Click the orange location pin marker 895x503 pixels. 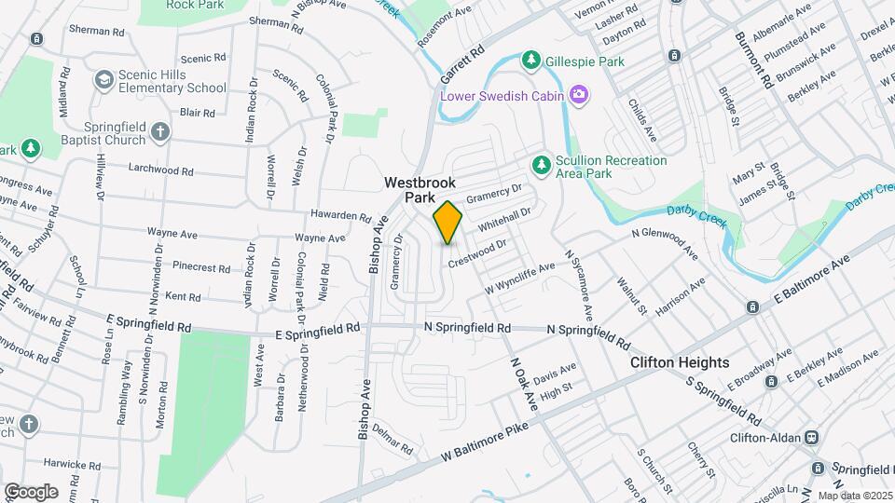tap(448, 223)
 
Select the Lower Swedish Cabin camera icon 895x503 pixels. tap(579, 94)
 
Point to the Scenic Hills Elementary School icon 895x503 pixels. tap(104, 81)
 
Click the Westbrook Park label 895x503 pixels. tap(420, 191)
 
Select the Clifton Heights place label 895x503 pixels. tap(679, 362)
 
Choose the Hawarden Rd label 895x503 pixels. tap(342, 216)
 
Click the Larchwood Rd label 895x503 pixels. tap(161, 171)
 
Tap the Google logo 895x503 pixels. tap(31, 492)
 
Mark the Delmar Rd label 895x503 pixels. tap(392, 440)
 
